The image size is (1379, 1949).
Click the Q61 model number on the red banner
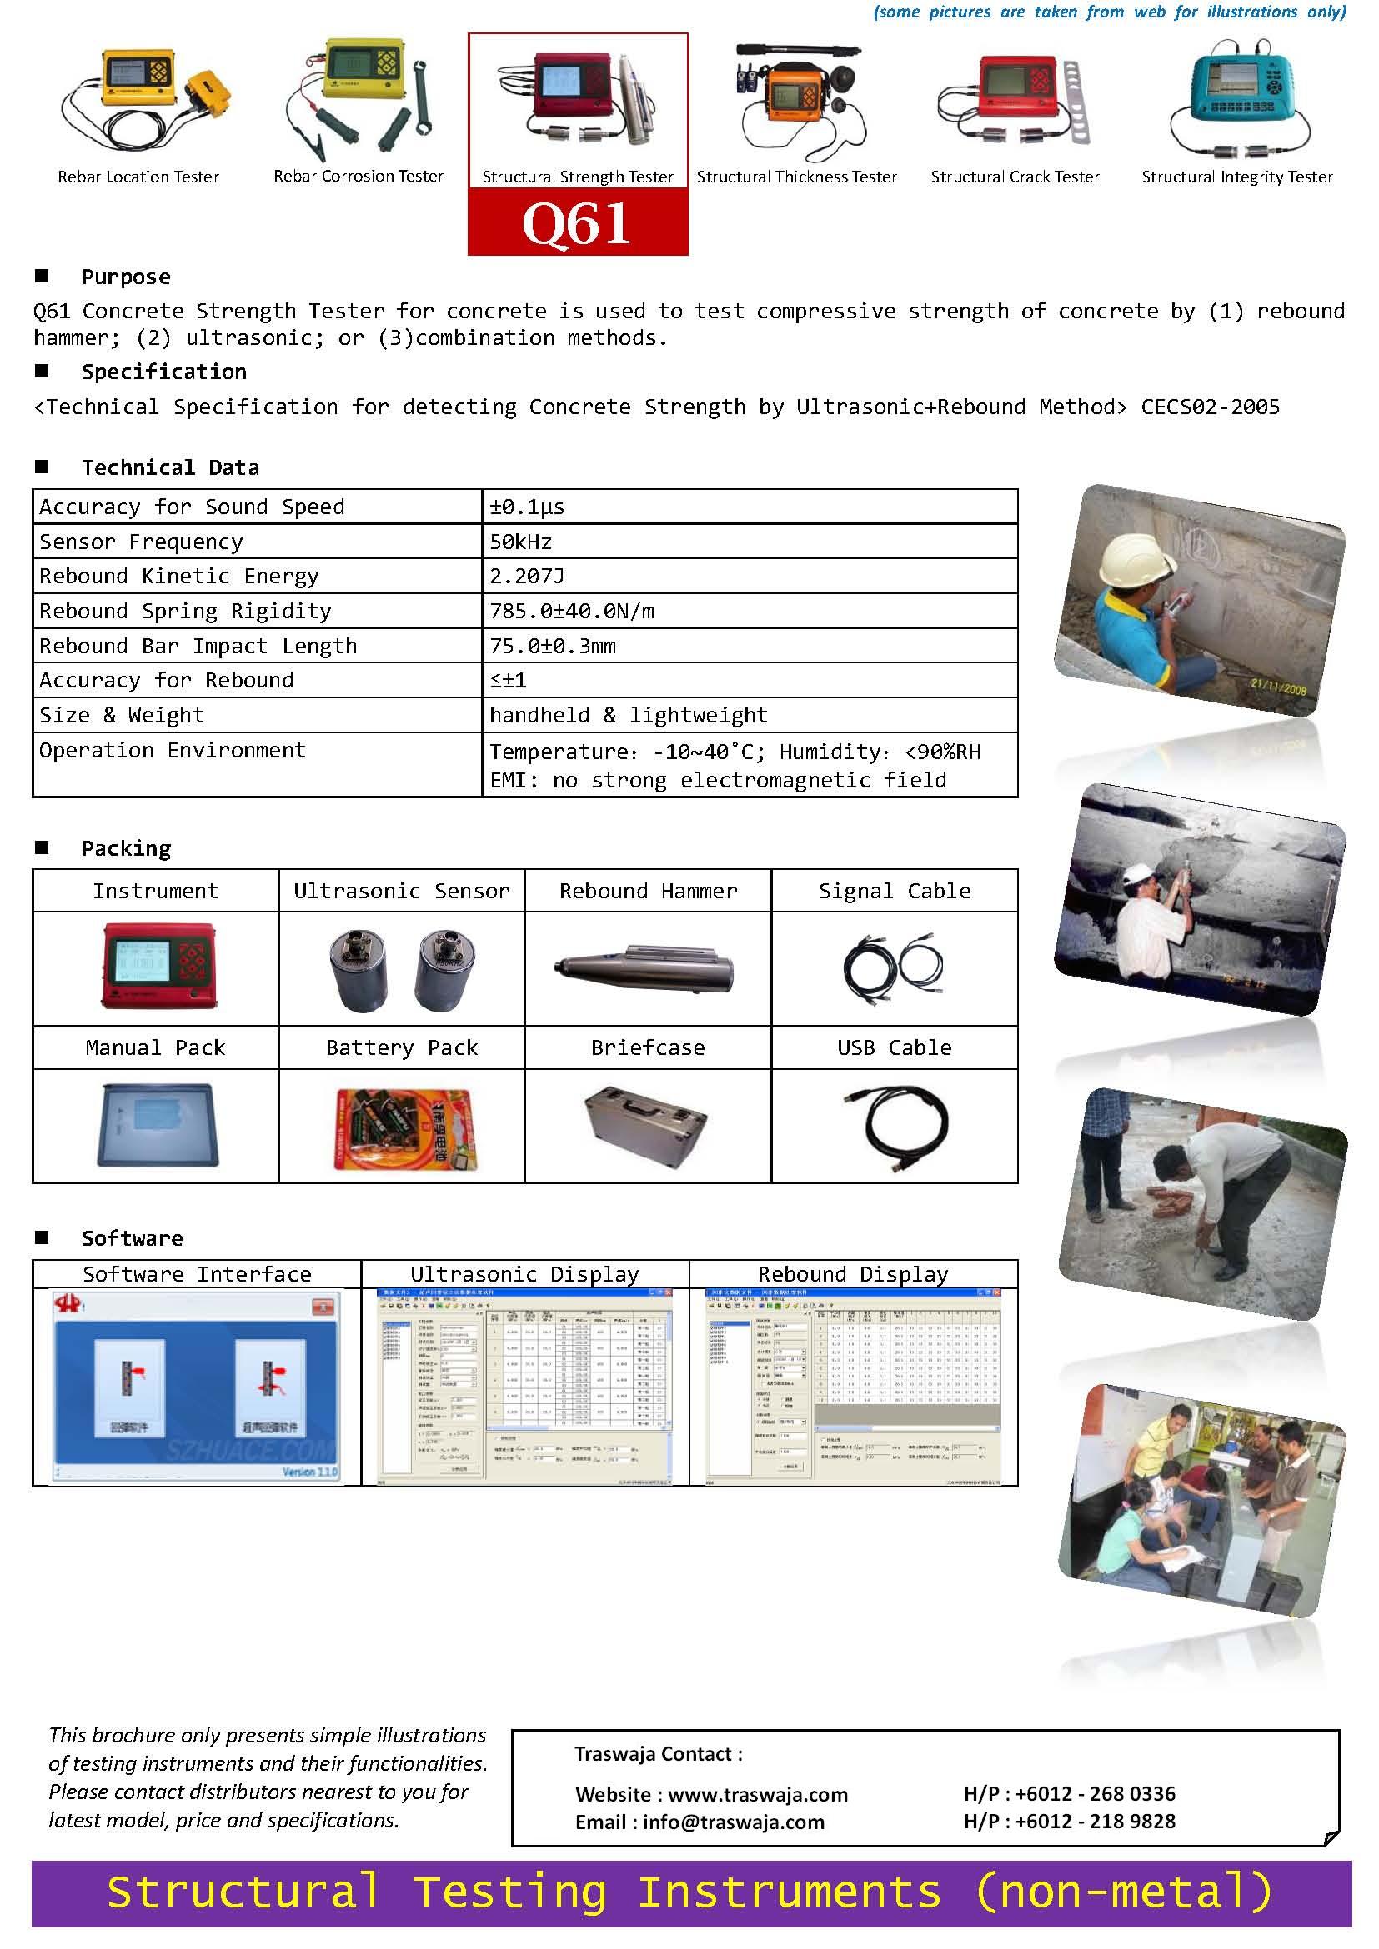point(577,224)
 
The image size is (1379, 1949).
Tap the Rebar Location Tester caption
point(138,177)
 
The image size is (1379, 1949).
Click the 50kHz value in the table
point(520,542)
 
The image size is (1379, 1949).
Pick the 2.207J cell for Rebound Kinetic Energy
point(526,577)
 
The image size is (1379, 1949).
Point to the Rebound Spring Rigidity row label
point(185,611)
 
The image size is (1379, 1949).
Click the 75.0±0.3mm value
point(553,646)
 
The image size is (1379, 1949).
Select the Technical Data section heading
point(170,467)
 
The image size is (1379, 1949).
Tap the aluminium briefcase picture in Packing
point(647,1125)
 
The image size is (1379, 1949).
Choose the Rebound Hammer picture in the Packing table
point(647,967)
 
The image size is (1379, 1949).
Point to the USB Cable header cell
point(894,1047)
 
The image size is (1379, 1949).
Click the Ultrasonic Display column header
point(524,1274)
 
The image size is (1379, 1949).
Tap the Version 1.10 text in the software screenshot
point(310,1472)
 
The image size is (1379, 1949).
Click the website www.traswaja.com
point(757,1795)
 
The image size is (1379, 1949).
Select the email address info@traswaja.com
point(733,1822)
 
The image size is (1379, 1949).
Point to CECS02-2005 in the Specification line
point(1210,407)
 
